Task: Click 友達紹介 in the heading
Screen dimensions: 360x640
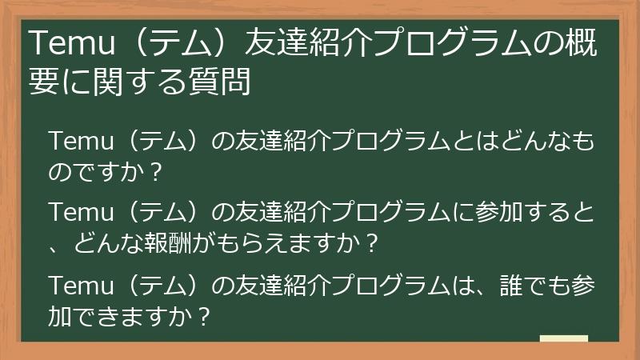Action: coord(297,42)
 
